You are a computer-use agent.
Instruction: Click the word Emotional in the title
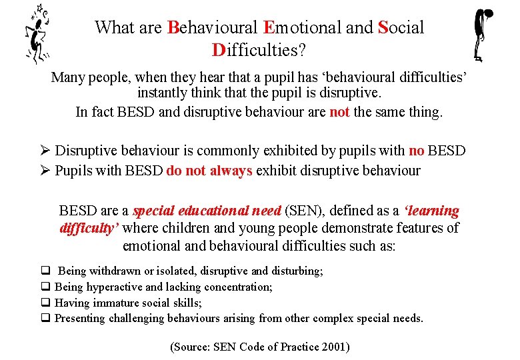pos(304,27)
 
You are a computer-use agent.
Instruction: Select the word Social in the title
pos(401,27)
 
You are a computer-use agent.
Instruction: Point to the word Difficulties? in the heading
pos(259,49)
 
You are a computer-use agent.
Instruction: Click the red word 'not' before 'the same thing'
pos(339,111)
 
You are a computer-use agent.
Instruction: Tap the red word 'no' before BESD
pos(416,151)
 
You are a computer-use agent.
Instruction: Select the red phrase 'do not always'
pos(209,170)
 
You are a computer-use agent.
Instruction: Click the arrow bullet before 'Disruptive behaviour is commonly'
pos(45,151)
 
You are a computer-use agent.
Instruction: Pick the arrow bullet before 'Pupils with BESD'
pos(45,170)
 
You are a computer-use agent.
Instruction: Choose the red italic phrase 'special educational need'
pos(207,211)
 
